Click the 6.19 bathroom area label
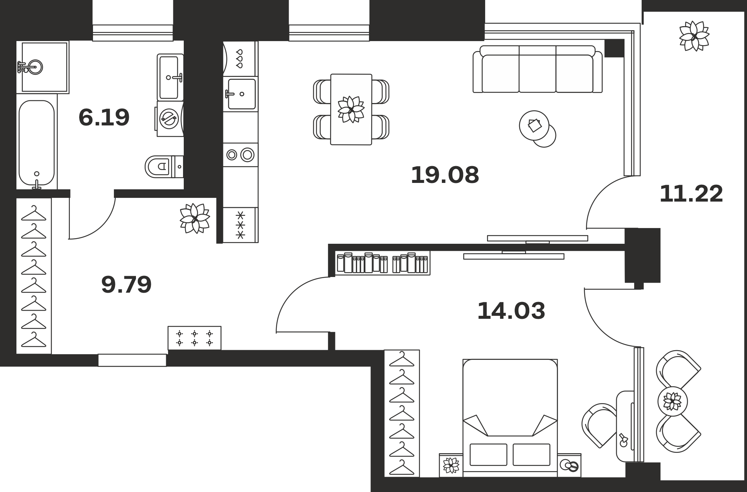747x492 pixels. (x=104, y=117)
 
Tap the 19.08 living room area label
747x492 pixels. (x=445, y=175)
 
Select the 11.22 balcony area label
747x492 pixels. (x=691, y=194)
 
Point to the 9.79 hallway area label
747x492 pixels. (x=126, y=284)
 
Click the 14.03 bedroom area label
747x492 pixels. (x=511, y=311)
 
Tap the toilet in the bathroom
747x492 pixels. (x=164, y=166)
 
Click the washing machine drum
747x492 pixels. (x=169, y=119)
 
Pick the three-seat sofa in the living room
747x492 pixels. (x=537, y=69)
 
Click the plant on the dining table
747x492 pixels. (x=351, y=109)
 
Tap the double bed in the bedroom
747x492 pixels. (x=510, y=418)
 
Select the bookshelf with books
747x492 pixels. (x=382, y=263)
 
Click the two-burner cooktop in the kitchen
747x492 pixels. (x=241, y=155)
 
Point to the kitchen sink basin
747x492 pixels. (x=242, y=94)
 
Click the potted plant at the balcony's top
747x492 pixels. (x=694, y=36)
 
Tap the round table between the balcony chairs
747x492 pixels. (x=672, y=401)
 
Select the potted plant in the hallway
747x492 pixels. (x=195, y=218)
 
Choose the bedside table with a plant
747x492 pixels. (x=451, y=465)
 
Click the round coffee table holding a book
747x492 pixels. (x=534, y=125)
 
